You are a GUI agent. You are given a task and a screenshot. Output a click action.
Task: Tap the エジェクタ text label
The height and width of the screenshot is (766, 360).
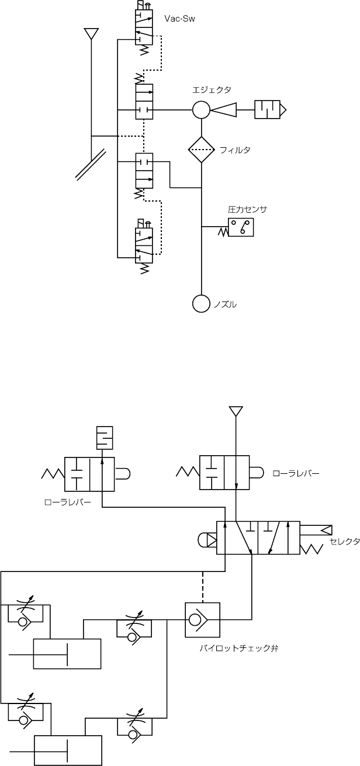(x=212, y=89)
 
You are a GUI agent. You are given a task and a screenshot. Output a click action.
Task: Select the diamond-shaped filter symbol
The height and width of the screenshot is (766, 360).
(x=202, y=150)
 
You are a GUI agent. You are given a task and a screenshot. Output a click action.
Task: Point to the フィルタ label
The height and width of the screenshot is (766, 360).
(x=235, y=150)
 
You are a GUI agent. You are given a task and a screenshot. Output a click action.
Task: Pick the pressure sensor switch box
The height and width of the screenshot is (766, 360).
(x=242, y=227)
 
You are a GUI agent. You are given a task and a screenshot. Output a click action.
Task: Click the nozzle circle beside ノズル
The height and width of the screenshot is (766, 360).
(x=201, y=303)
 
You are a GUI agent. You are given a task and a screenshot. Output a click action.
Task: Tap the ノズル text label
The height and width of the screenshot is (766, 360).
(x=226, y=304)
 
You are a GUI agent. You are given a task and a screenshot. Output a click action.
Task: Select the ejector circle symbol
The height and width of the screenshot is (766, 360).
(x=201, y=109)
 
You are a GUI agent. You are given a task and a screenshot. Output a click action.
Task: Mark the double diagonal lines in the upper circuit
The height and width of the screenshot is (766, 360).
(x=91, y=163)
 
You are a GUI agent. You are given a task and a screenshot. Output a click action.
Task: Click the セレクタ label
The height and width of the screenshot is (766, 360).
(x=344, y=542)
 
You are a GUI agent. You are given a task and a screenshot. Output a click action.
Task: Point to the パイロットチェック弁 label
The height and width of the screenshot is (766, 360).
(x=238, y=648)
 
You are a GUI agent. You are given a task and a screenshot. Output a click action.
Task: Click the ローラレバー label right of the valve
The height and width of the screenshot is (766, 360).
(x=296, y=474)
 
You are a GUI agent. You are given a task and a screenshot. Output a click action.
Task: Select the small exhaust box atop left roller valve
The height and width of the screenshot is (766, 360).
(x=104, y=438)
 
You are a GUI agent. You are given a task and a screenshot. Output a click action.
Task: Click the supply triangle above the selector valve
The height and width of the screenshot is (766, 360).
(x=236, y=411)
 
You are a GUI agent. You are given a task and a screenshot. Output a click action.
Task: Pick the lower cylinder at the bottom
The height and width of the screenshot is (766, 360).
(x=68, y=750)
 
